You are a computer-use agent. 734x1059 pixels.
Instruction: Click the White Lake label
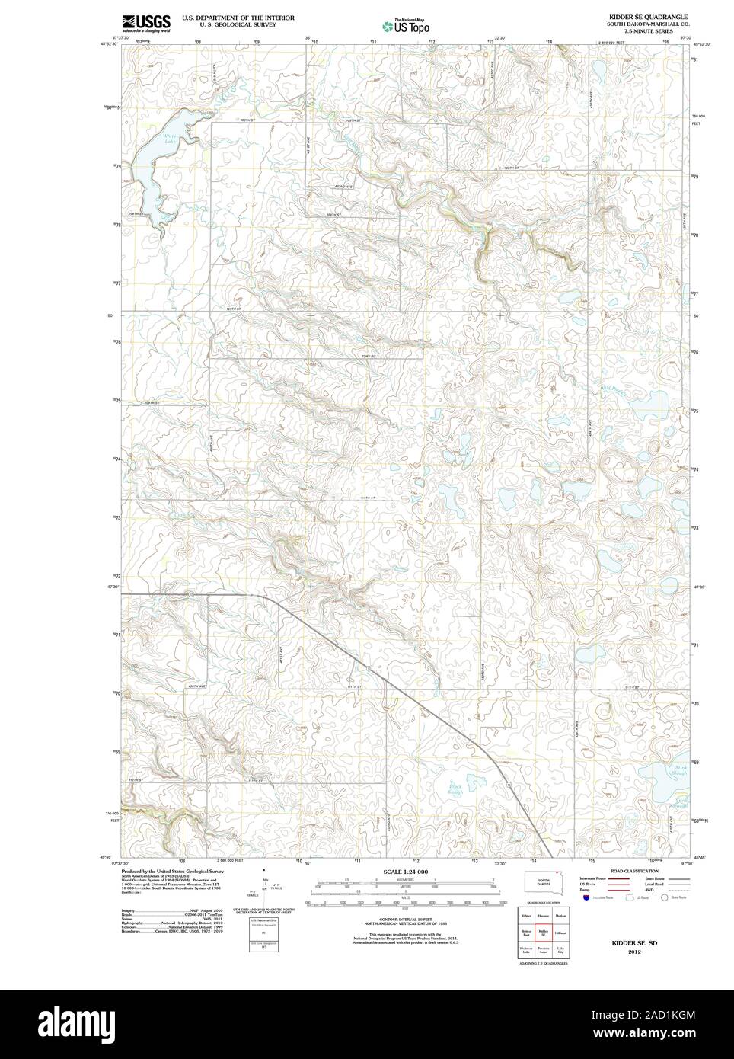click(x=169, y=138)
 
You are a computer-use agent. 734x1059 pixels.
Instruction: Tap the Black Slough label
click(x=455, y=789)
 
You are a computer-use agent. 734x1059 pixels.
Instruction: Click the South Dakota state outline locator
click(x=544, y=881)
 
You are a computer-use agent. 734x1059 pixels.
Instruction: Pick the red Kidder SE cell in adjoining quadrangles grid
click(x=543, y=932)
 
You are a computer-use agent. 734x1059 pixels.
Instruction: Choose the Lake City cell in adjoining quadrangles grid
click(x=560, y=951)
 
